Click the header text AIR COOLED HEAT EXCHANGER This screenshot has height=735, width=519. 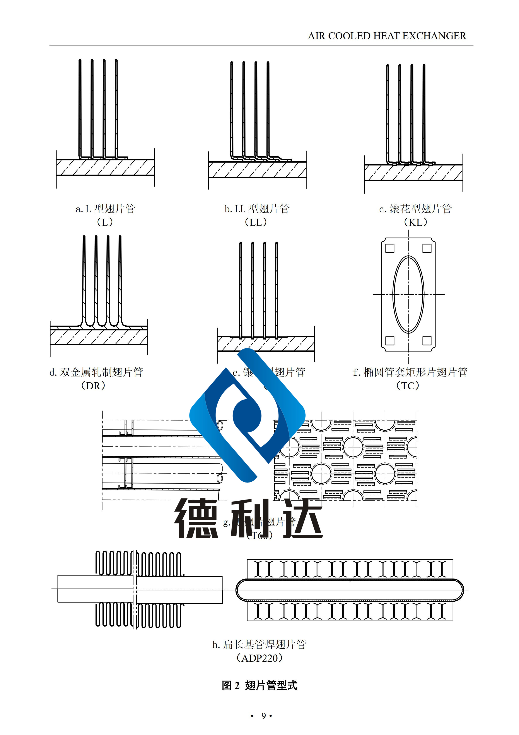pyautogui.click(x=387, y=36)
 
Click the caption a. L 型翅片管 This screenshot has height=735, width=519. pyautogui.click(x=105, y=209)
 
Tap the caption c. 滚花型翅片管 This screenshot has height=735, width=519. pyautogui.click(x=415, y=209)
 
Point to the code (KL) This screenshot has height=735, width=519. pyautogui.click(x=415, y=222)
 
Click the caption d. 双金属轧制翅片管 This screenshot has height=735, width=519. pyautogui.click(x=96, y=372)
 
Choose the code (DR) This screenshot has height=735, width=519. pyautogui.click(x=93, y=386)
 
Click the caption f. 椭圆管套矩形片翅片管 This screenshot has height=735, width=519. pyautogui.click(x=410, y=372)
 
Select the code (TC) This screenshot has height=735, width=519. pyautogui.click(x=408, y=386)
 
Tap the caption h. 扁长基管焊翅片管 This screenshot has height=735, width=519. pyautogui.click(x=259, y=644)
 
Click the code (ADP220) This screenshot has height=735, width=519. pyautogui.click(x=259, y=658)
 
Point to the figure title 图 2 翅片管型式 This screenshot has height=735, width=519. pyautogui.click(x=259, y=685)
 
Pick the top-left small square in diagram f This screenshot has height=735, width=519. pyautogui.click(x=389, y=248)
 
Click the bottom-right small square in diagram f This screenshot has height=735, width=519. pyautogui.click(x=427, y=341)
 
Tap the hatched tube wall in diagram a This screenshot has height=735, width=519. pyautogui.click(x=105, y=167)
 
